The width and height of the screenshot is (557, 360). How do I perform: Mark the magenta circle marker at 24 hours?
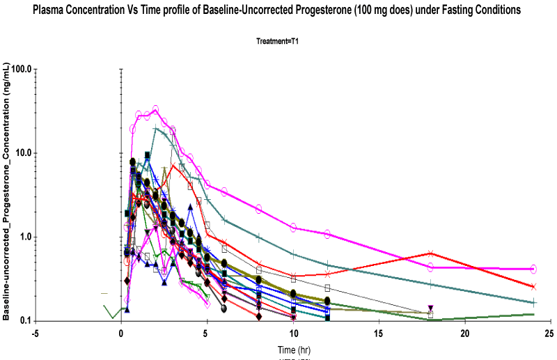click(533, 269)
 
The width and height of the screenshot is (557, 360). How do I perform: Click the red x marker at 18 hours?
click(430, 253)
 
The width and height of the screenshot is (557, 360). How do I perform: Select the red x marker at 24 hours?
click(533, 286)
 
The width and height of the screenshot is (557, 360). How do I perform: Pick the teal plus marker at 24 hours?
click(533, 303)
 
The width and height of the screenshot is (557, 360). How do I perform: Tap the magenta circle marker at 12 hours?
click(327, 234)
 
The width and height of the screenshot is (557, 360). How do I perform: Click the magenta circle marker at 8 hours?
click(258, 209)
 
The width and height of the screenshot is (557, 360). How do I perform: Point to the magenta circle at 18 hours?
click(430, 267)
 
